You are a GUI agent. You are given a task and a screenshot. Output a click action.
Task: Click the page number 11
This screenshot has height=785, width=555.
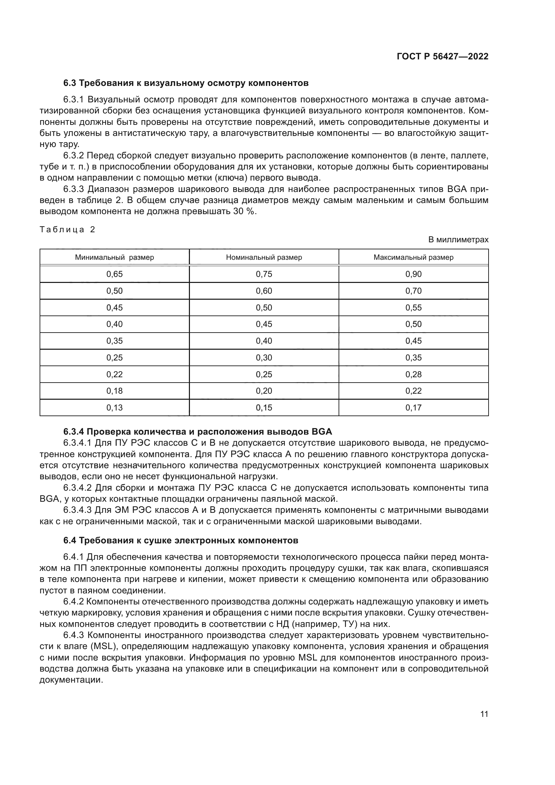[x=484, y=714]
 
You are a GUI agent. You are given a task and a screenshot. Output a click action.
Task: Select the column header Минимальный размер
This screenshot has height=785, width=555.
[x=114, y=257]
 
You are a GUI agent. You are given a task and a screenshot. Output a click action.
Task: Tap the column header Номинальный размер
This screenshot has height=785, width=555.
[x=264, y=257]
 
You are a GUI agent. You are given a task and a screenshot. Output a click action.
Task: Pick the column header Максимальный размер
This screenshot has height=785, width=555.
[x=413, y=257]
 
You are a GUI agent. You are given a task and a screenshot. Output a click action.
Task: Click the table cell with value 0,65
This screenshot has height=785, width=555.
[x=114, y=274]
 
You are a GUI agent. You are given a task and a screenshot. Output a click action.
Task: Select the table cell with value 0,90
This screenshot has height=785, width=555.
[x=413, y=274]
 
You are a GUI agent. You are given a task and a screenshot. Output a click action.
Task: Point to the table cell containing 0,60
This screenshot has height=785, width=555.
[x=264, y=291]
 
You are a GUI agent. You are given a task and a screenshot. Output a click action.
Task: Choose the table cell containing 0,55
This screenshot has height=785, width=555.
[x=413, y=307]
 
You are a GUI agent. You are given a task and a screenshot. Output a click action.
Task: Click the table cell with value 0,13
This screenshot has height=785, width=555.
[x=114, y=407]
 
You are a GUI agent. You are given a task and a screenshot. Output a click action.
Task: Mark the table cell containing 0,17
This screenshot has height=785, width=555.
[x=413, y=407]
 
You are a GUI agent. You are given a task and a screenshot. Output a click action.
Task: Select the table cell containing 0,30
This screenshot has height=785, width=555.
[x=264, y=357]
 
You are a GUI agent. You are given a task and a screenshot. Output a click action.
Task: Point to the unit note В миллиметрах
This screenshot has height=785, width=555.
[x=458, y=240]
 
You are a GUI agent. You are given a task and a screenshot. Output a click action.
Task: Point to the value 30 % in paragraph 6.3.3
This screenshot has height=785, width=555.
[x=244, y=211]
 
